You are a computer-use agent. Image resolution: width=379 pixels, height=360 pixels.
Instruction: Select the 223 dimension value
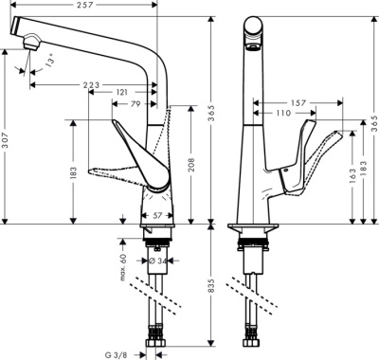click(91, 85)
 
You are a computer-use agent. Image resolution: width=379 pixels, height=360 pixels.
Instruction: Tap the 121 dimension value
click(122, 93)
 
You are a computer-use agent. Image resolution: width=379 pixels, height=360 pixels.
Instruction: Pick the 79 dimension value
click(135, 103)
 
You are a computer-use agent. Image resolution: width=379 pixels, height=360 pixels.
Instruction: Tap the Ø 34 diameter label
click(156, 260)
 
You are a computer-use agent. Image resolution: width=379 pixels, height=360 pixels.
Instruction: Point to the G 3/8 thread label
click(116, 349)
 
